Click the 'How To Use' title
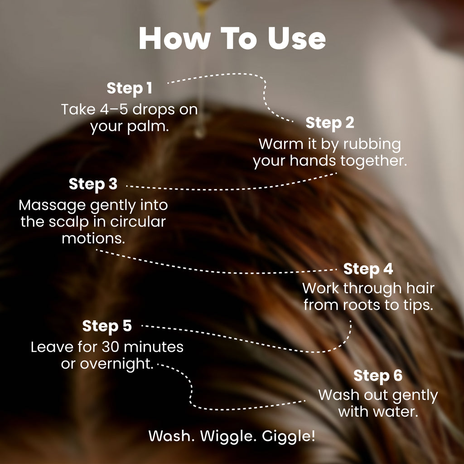coord(232,39)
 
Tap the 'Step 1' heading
coord(129,88)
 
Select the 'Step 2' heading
coord(330,123)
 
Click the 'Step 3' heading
coord(93,184)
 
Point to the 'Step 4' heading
coord(368,269)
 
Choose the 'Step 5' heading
coord(107,326)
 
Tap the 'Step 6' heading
coord(378,376)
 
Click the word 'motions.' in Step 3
coord(93,238)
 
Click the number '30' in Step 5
coord(111,347)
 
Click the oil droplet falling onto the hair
coord(200,132)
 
